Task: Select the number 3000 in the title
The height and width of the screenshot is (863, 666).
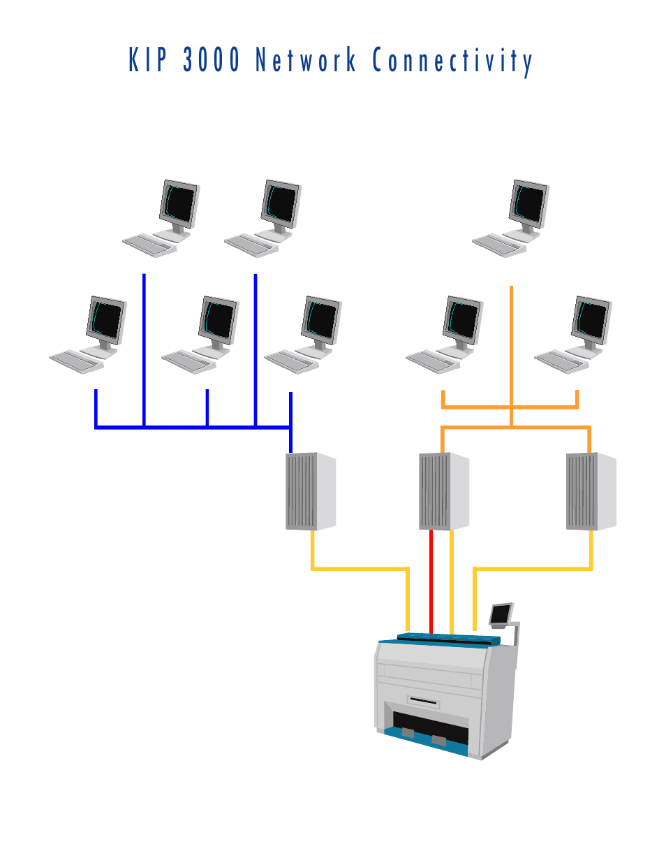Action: pyautogui.click(x=211, y=59)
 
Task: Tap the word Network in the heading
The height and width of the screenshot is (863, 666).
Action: pyautogui.click(x=306, y=59)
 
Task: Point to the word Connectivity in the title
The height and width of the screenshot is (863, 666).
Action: pyautogui.click(x=452, y=61)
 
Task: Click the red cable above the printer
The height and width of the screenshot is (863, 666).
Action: pyautogui.click(x=431, y=582)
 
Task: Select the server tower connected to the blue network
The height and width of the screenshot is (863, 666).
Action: pyautogui.click(x=311, y=491)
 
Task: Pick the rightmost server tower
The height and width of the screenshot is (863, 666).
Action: pyautogui.click(x=591, y=491)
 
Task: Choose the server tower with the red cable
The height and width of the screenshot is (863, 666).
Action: pyautogui.click(x=444, y=491)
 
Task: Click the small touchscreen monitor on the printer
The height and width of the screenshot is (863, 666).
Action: pyautogui.click(x=501, y=614)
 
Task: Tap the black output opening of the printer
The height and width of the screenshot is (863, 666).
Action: pyautogui.click(x=431, y=727)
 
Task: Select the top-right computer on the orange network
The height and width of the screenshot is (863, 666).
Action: pyautogui.click(x=510, y=219)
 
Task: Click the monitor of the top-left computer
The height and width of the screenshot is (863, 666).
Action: pyautogui.click(x=179, y=204)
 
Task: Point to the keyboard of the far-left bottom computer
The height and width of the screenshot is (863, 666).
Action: pyautogui.click(x=77, y=361)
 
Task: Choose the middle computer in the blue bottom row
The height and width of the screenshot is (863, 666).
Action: pyautogui.click(x=200, y=335)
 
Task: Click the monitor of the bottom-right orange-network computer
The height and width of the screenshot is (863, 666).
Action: pyautogui.click(x=591, y=320)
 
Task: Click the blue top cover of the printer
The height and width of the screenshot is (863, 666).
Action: pyautogui.click(x=449, y=639)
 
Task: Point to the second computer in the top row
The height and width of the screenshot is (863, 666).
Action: pyautogui.click(x=262, y=219)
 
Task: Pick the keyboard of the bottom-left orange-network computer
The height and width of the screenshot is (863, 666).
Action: pyautogui.click(x=433, y=361)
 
